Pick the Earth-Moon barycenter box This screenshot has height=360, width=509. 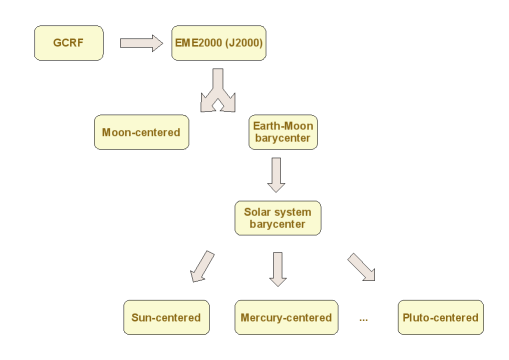pos(283,132)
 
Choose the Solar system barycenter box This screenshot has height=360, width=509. pos(278,218)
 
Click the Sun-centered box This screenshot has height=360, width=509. pos(166,318)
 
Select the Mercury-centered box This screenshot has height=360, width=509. pos(284,318)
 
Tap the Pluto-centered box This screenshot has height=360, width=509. pos(440,318)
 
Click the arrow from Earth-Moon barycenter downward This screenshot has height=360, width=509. pos(278,174)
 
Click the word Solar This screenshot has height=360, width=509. pos(263,211)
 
